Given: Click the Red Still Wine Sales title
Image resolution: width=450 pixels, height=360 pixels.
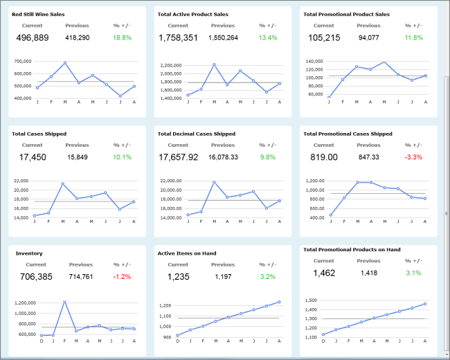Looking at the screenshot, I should [x=38, y=14].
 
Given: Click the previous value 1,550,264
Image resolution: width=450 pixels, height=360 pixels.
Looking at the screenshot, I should [x=223, y=37].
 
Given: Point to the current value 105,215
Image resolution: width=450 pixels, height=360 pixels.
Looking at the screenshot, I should [x=324, y=37].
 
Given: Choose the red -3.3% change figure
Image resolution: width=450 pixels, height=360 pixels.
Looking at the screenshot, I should [x=413, y=157].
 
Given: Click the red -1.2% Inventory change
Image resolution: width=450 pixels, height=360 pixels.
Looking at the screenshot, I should [x=122, y=276].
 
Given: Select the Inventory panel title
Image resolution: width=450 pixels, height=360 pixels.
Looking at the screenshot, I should [x=29, y=253].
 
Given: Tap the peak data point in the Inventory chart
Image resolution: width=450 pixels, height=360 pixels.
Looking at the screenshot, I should [x=64, y=302].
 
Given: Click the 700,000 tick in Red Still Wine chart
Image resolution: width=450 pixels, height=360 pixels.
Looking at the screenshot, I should [x=22, y=61].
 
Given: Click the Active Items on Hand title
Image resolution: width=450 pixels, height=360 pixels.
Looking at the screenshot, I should [x=187, y=253].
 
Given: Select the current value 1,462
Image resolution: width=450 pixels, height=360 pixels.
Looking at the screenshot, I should [x=324, y=273].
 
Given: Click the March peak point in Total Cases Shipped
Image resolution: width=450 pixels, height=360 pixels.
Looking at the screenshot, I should [x=63, y=184].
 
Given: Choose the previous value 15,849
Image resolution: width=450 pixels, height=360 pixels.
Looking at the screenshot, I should [x=78, y=157].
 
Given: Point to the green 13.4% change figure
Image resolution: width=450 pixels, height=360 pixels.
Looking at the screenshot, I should [x=268, y=37].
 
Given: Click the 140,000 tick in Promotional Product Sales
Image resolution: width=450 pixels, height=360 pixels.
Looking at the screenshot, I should [x=314, y=61].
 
